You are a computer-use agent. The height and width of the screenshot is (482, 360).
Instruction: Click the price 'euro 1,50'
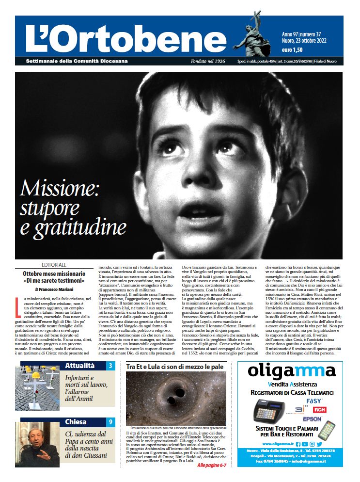(x=292, y=49)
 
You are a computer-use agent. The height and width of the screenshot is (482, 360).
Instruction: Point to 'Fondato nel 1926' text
(x=208, y=61)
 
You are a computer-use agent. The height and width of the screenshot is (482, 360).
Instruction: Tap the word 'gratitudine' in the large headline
(x=73, y=227)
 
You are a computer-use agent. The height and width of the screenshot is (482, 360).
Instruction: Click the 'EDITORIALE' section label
(x=54, y=265)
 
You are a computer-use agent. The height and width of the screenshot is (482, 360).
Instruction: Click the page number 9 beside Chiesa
(x=110, y=422)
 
